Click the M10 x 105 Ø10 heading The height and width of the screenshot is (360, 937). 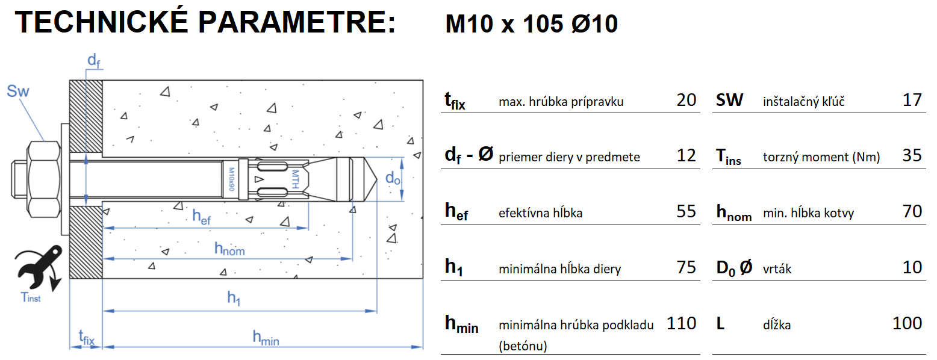(x=531, y=25)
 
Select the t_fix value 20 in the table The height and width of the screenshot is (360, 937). (x=686, y=100)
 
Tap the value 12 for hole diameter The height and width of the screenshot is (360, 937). (x=686, y=156)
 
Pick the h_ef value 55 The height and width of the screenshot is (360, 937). (x=686, y=211)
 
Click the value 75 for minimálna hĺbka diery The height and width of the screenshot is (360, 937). (x=686, y=267)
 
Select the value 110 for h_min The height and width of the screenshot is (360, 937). (x=681, y=323)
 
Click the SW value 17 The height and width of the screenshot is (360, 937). (x=912, y=100)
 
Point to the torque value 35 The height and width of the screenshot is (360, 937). (x=912, y=156)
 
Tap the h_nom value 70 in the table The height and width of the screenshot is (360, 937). (x=912, y=211)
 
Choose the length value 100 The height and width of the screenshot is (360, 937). (x=907, y=323)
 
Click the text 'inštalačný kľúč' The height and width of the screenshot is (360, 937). (x=803, y=101)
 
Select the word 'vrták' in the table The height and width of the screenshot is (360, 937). (x=777, y=268)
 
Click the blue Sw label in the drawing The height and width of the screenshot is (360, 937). (x=18, y=92)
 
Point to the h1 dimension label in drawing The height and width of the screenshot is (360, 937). (x=234, y=297)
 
